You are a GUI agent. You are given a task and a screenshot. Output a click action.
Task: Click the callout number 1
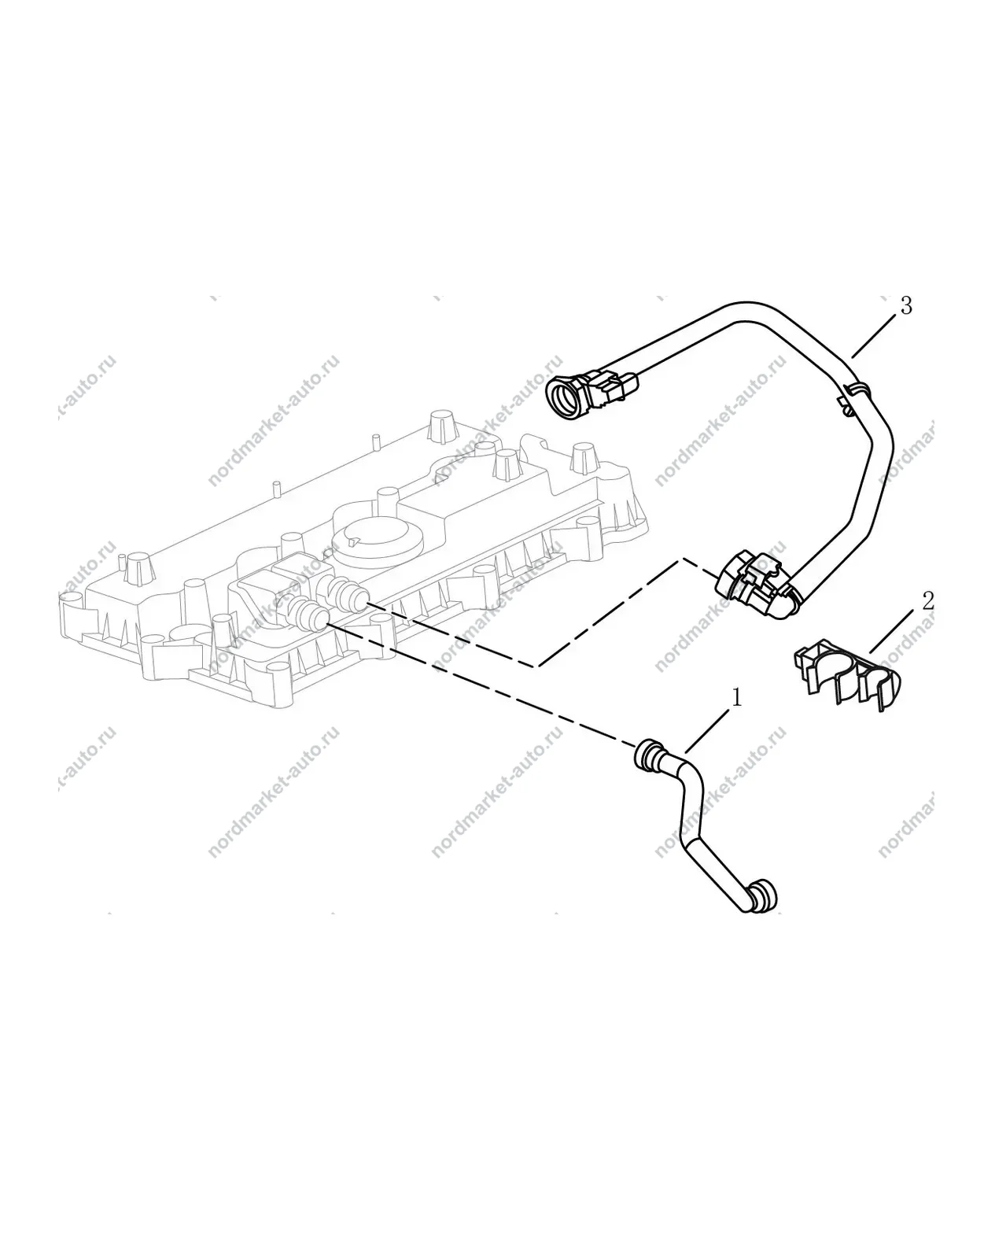(737, 698)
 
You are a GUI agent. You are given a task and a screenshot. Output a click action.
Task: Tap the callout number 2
(928, 601)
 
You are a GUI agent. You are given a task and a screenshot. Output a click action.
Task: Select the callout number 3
(906, 305)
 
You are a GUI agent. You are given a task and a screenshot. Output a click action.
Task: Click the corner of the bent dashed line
(536, 666)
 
